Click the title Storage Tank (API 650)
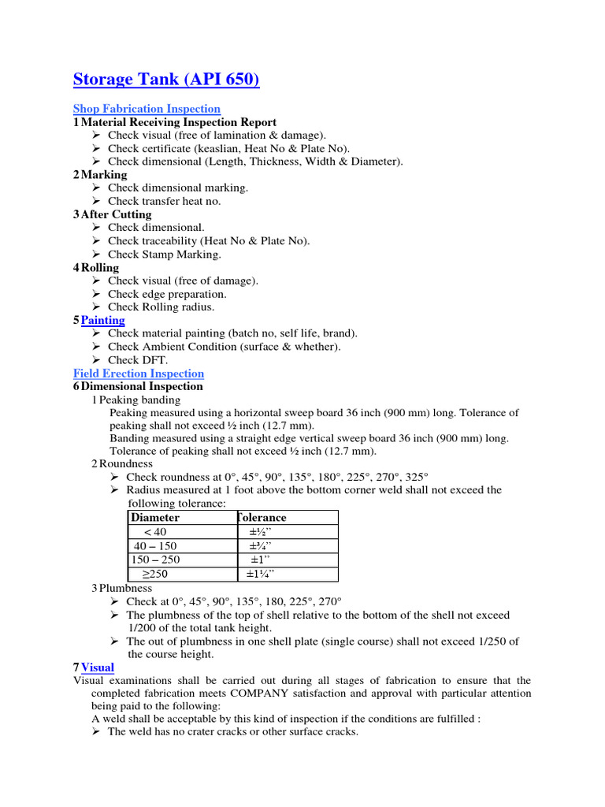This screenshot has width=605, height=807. [x=165, y=80]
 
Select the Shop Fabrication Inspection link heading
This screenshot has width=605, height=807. [x=147, y=109]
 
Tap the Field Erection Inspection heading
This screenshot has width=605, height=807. [x=138, y=374]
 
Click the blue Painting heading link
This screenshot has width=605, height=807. [x=102, y=320]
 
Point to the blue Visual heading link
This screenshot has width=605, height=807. [x=97, y=668]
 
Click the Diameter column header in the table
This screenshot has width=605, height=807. [x=155, y=518]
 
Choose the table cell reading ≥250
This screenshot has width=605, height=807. [x=154, y=575]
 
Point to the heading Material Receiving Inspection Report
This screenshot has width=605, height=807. [x=178, y=122]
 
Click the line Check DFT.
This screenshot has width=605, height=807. [x=138, y=360]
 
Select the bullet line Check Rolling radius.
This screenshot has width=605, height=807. [x=161, y=307]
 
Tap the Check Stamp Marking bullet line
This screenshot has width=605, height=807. [x=165, y=255]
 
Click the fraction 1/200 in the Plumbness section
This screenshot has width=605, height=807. [x=143, y=627]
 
